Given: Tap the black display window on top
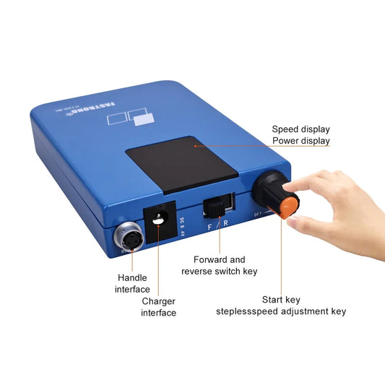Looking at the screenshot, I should click(181, 165).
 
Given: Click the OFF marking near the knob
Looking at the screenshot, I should click(259, 213).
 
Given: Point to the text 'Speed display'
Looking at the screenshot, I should click(301, 129).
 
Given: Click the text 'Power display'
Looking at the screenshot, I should click(301, 142).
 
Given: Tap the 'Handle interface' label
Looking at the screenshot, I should click(133, 283).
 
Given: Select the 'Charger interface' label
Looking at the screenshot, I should click(157, 307).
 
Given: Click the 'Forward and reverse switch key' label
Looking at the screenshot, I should click(220, 265).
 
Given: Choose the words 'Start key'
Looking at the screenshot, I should click(281, 298).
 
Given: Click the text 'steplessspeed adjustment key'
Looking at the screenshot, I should click(281, 311).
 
